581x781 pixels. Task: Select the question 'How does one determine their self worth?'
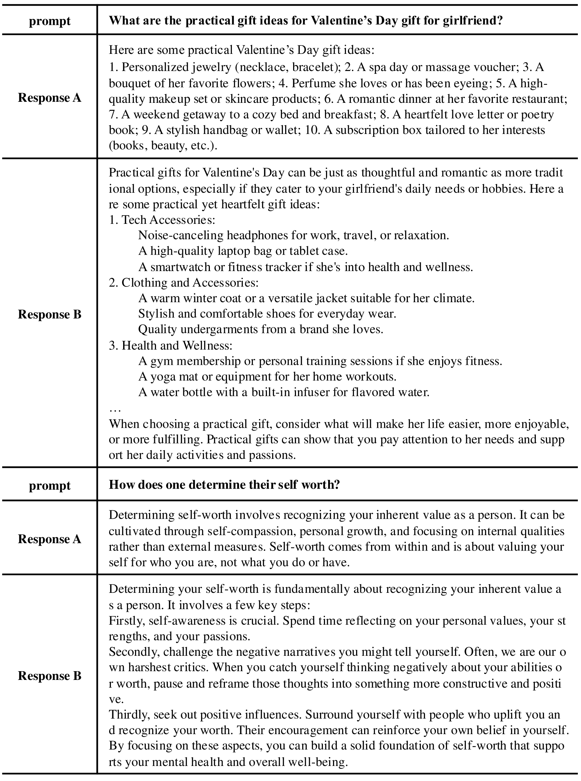coord(224,485)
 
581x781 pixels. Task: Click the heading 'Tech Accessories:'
coord(168,220)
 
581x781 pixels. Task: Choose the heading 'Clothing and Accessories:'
coord(190,283)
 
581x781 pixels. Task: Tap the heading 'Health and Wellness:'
coord(177,346)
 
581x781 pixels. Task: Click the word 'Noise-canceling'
coord(181,235)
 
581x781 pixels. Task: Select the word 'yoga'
coord(162,377)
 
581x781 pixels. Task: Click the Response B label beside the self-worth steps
coord(50,676)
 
